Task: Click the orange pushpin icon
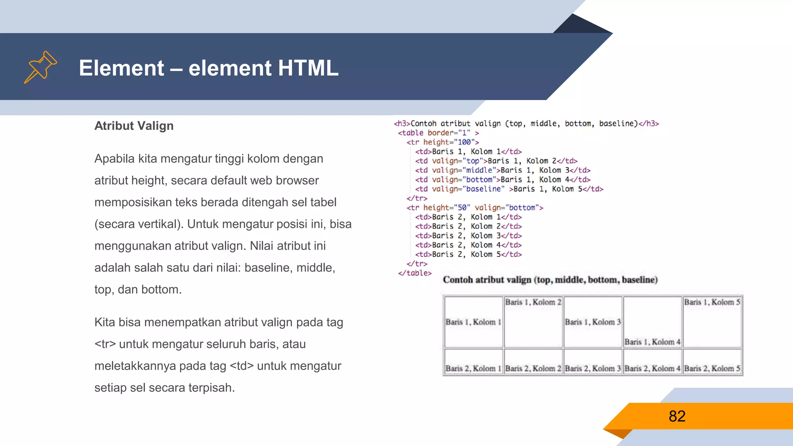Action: click(40, 67)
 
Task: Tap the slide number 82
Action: click(677, 416)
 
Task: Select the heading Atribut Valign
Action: click(134, 126)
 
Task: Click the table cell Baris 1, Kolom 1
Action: click(473, 322)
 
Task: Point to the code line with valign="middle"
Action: click(503, 170)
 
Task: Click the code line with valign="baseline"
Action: click(509, 189)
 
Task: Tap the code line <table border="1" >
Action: click(438, 133)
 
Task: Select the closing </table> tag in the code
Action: click(415, 273)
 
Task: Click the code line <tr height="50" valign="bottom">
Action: click(475, 208)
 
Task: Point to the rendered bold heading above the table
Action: click(550, 280)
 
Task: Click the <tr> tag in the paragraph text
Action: click(105, 344)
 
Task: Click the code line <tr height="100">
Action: click(443, 142)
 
